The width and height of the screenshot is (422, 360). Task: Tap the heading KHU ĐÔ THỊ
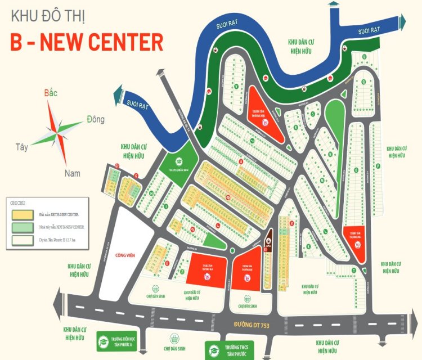point(48,15)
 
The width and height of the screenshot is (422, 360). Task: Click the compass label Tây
point(22,147)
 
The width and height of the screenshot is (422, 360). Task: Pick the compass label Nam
point(72,173)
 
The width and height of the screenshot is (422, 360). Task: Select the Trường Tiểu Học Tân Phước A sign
point(117,340)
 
